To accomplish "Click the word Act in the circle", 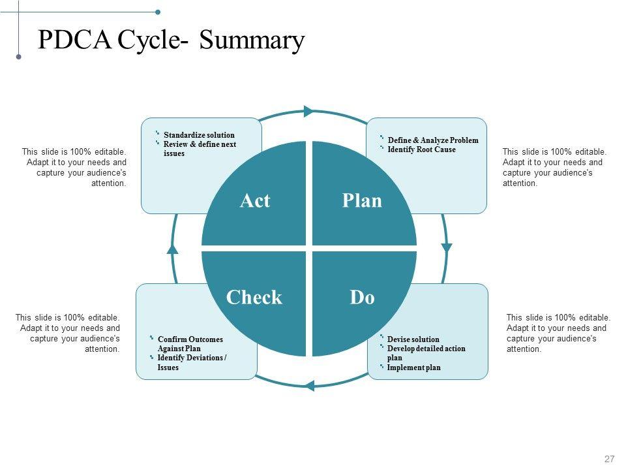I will (254, 200).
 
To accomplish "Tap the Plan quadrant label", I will (362, 200).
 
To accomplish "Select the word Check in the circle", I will (254, 298).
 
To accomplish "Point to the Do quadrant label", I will (362, 298).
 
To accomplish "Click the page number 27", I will (610, 459).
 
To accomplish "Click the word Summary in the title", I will (252, 40).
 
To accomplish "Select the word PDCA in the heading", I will (75, 40).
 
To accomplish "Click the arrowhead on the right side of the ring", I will (447, 247).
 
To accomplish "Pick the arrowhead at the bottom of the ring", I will (310, 385).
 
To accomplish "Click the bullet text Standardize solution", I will (199, 135).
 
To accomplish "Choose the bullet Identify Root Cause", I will (421, 149).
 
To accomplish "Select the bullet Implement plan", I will (413, 368).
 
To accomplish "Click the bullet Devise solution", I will (413, 339).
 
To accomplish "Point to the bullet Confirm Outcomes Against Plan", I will (190, 344).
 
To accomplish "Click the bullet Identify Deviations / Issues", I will (192, 362).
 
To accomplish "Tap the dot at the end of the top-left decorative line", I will (158, 12).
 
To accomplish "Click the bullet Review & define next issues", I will (200, 149).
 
